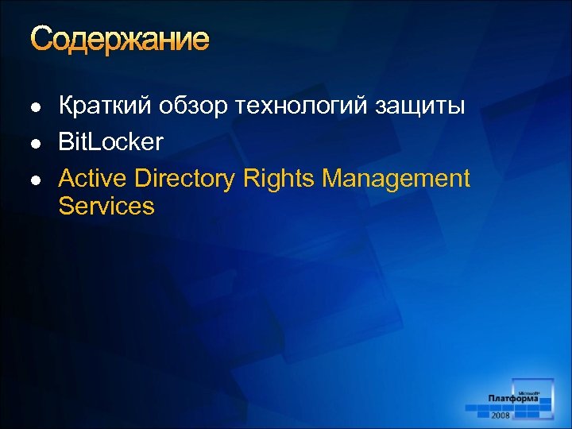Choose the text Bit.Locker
pyautogui.click(x=110, y=142)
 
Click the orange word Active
pyautogui.click(x=93, y=179)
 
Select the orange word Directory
pyautogui.click(x=185, y=180)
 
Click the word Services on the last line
pyautogui.click(x=106, y=207)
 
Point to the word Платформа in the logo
pyautogui.click(x=513, y=399)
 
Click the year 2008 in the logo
pyautogui.click(x=500, y=415)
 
